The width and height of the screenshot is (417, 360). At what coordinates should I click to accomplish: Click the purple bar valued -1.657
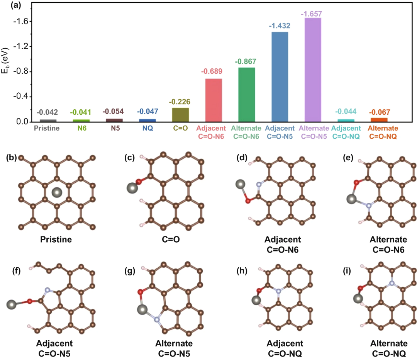(x=313, y=70)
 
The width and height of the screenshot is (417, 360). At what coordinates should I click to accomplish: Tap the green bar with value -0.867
(x=246, y=95)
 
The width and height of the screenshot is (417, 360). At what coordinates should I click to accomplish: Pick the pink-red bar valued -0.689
(x=213, y=100)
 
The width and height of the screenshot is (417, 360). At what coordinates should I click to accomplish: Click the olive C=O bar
(x=180, y=115)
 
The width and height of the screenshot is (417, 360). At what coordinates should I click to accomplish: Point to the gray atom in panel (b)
(x=57, y=192)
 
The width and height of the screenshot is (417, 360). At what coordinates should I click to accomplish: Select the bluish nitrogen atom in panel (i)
(x=392, y=283)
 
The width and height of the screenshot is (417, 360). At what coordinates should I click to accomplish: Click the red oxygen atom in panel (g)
(x=141, y=292)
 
